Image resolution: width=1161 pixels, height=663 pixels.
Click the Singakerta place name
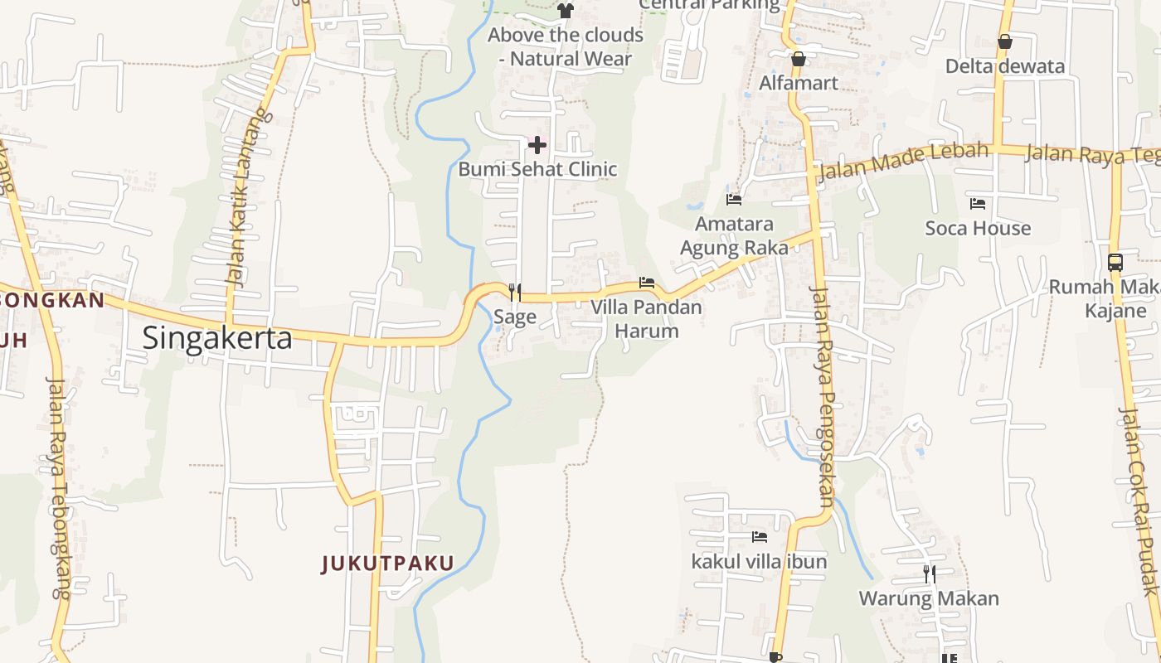[x=217, y=338]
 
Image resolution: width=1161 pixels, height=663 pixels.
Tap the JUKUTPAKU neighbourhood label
[x=387, y=564]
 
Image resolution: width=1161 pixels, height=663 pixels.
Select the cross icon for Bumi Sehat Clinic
[x=537, y=146]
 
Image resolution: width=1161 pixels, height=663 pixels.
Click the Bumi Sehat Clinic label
[x=537, y=169]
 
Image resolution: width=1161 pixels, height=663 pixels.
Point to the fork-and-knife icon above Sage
[x=515, y=292]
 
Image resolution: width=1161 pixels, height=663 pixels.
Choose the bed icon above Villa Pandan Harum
[x=647, y=283]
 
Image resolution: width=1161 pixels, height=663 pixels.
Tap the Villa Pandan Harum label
[x=646, y=319]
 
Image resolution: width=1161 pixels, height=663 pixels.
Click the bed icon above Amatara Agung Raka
[x=734, y=200]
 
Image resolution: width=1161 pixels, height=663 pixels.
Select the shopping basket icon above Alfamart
[x=799, y=59]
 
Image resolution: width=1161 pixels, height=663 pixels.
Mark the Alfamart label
[x=799, y=83]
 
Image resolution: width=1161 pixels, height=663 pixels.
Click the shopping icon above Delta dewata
[x=1005, y=41]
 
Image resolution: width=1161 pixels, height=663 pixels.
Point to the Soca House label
[x=978, y=228]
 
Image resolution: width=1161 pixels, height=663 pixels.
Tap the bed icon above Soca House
[x=978, y=204]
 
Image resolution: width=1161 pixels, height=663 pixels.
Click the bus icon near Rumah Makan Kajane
[x=1115, y=263]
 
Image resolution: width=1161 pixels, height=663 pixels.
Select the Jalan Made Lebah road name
[x=904, y=161]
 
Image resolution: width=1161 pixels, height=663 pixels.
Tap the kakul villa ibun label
[x=759, y=561]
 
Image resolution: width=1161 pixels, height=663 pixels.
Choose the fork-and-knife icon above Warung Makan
[x=930, y=573]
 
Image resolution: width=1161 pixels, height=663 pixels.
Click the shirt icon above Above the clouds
[x=566, y=11]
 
